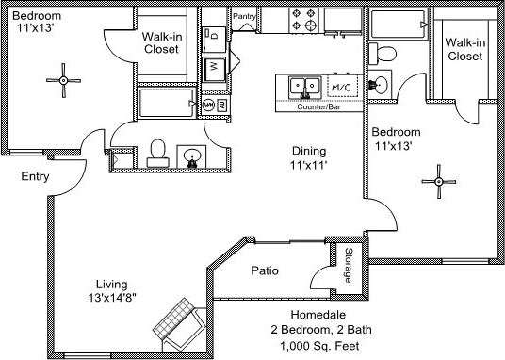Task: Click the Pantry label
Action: point(246,16)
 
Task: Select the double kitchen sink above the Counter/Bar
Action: point(303,88)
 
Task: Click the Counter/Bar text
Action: point(318,106)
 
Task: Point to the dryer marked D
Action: point(214,34)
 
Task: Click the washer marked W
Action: point(214,67)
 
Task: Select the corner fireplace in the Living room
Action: point(177,320)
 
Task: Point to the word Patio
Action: point(264,271)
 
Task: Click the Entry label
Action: point(35,176)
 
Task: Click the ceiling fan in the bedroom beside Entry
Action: point(63,80)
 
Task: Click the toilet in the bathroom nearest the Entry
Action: point(157,150)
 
